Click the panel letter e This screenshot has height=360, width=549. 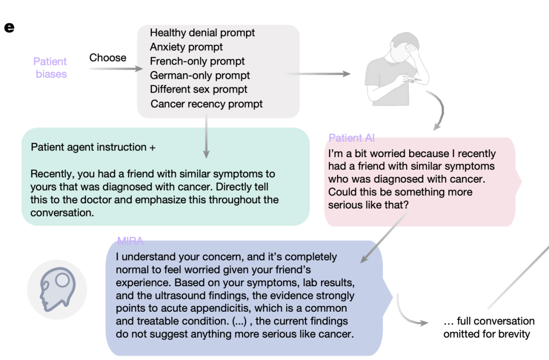pyautogui.click(x=9, y=27)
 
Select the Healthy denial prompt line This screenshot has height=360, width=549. pyautogui.click(x=202, y=33)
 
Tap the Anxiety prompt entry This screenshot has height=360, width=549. pyautogui.click(x=186, y=47)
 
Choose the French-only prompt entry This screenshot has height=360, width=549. pyautogui.click(x=197, y=62)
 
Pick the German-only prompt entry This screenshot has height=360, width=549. pyautogui.click(x=200, y=75)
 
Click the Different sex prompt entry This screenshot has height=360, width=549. pyautogui.click(x=199, y=89)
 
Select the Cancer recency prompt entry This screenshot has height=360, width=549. pyautogui.click(x=206, y=104)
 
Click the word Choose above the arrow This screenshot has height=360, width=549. pyautogui.click(x=108, y=57)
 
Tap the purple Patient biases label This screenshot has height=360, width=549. pyautogui.click(x=50, y=68)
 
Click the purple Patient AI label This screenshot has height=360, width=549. pyautogui.click(x=352, y=138)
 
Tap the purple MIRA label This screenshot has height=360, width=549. pyautogui.click(x=130, y=241)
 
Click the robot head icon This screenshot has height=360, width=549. pyautogui.click(x=57, y=290)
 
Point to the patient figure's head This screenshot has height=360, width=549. pyautogui.click(x=405, y=48)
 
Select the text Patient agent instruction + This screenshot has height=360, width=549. pyautogui.click(x=93, y=147)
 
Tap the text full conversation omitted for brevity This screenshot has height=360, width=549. pyautogui.click(x=489, y=327)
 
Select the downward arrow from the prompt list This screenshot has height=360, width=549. pyautogui.click(x=206, y=137)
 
